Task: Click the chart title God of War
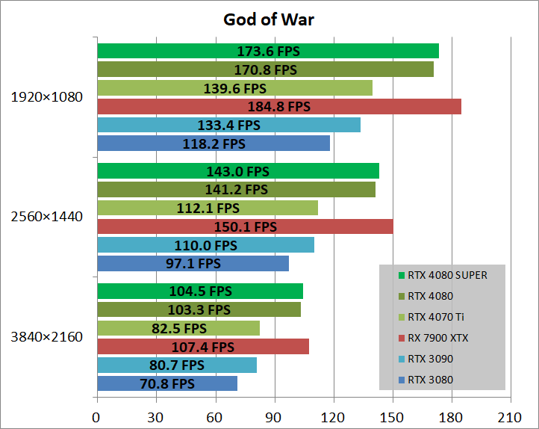click(269, 19)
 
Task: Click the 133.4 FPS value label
click(228, 125)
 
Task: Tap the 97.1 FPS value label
click(193, 263)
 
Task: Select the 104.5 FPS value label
click(199, 291)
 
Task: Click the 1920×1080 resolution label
click(46, 97)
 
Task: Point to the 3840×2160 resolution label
click(46, 337)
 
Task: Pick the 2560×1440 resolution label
click(46, 217)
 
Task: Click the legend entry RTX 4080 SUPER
click(447, 275)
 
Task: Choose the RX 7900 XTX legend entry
click(441, 338)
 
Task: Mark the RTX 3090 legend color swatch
click(402, 359)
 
